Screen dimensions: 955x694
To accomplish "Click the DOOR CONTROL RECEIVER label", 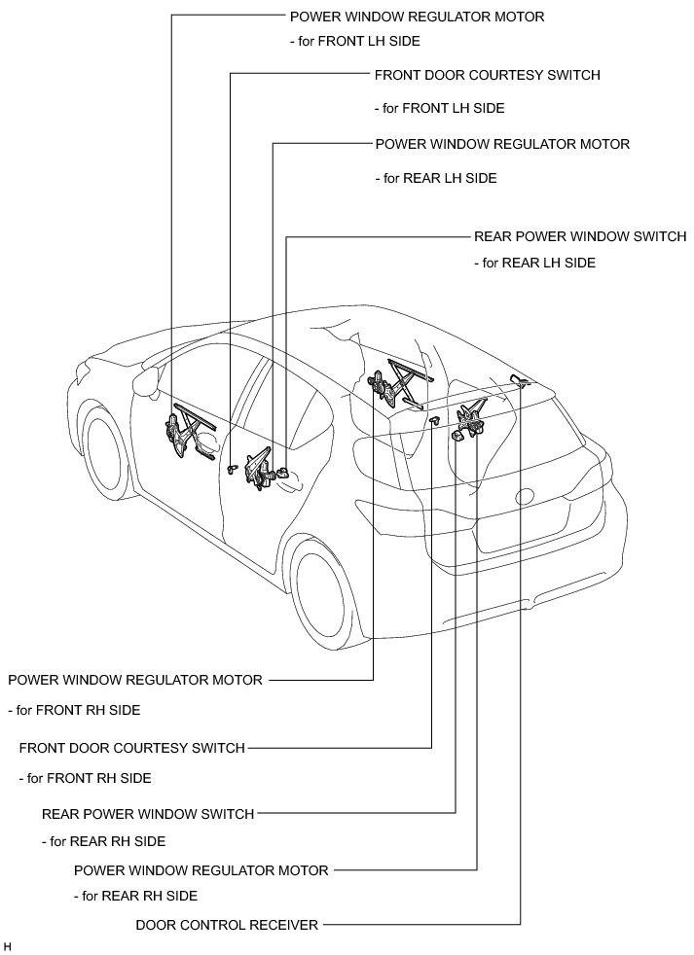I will coord(227,925).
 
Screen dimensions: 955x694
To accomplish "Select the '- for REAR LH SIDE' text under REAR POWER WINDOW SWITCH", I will coord(534,263).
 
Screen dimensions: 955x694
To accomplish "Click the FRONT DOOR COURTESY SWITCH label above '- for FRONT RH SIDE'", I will coord(132,748).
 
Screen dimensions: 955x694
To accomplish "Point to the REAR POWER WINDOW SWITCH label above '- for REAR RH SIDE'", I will coord(148,814).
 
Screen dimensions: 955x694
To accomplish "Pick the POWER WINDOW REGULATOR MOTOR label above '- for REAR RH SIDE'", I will coord(201,869).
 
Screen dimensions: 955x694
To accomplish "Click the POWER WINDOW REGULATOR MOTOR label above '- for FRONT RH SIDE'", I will coord(135,680).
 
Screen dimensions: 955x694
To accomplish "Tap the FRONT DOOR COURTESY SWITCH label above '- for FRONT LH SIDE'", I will coord(487,75).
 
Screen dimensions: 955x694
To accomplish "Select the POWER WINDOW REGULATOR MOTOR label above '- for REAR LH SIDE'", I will coord(502,144).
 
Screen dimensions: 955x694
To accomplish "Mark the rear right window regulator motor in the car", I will coord(473,418).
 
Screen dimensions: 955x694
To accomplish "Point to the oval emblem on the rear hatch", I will coord(527,496).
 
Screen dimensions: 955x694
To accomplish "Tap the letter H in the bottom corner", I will coord(8,944).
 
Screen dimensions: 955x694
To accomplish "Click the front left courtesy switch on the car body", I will coord(231,469).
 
